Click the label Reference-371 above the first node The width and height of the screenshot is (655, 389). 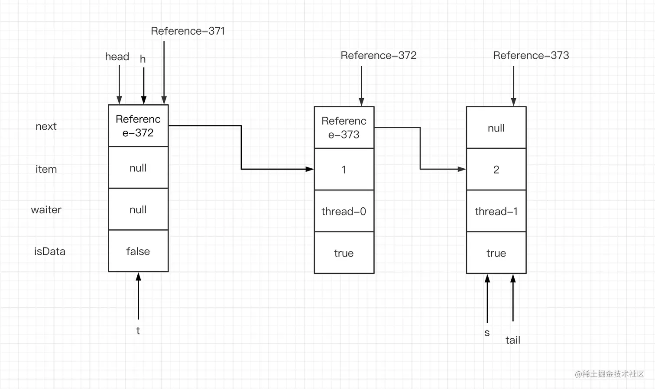tap(188, 31)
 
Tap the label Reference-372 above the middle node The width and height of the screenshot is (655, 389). tap(378, 55)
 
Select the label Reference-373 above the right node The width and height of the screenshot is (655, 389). tap(531, 55)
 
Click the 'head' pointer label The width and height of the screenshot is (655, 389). tap(117, 57)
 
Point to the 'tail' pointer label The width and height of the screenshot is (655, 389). tap(512, 340)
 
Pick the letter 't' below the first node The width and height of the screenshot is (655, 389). tap(138, 331)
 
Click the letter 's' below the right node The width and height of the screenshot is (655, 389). tap(487, 333)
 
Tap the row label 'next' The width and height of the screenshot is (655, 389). tap(46, 126)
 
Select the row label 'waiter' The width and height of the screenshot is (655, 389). tap(46, 210)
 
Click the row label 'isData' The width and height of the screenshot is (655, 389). tap(49, 251)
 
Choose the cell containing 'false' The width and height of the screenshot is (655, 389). tap(138, 251)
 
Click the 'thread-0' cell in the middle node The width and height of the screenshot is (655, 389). tap(344, 211)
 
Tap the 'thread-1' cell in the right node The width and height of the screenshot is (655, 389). tap(496, 211)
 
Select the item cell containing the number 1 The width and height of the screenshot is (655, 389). tap(344, 170)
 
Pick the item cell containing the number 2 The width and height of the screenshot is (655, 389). tap(496, 170)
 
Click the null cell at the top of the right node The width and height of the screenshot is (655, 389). tap(496, 128)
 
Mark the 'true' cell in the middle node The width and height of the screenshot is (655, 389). tap(344, 253)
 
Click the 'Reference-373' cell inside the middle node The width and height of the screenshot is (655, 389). tap(344, 128)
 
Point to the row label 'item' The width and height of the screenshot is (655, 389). tap(46, 169)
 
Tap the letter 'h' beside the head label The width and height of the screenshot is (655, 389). tap(143, 59)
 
